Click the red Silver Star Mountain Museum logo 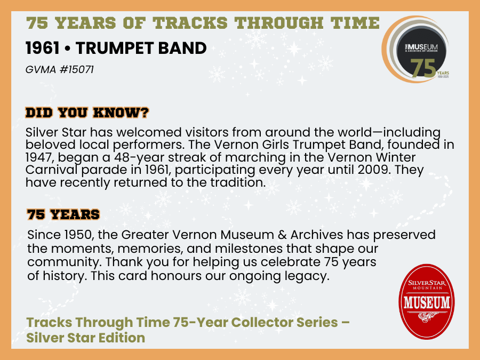click(426, 302)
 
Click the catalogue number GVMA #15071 click(60, 69)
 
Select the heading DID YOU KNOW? click(87, 113)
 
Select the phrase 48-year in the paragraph click(139, 158)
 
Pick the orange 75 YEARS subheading click(63, 214)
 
